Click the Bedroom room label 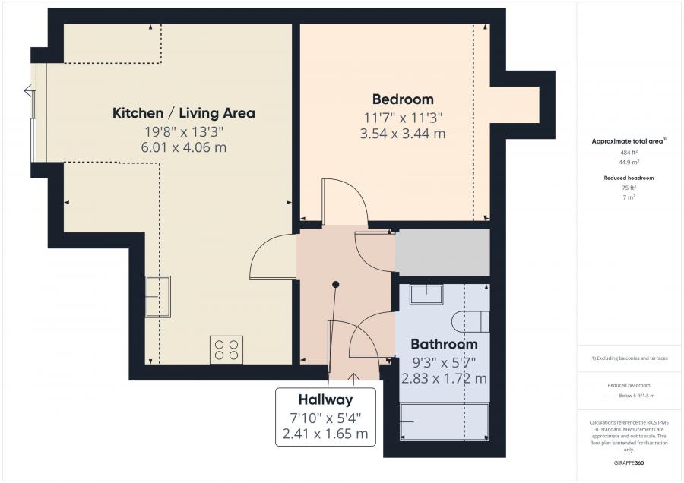(x=403, y=99)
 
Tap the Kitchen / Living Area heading (x=184, y=113)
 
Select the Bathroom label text (x=444, y=344)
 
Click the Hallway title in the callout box (x=325, y=399)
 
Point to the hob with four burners (x=226, y=349)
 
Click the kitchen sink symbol (x=157, y=296)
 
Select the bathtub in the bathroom (x=445, y=422)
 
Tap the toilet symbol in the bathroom (x=470, y=322)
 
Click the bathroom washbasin (x=426, y=295)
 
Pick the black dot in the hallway (x=335, y=285)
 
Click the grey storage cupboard (x=442, y=252)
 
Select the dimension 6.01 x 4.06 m (x=184, y=147)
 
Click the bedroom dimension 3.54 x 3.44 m (x=403, y=134)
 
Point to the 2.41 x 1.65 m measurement (x=325, y=434)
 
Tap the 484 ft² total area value (x=629, y=153)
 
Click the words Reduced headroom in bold (x=629, y=178)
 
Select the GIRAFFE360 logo (x=629, y=463)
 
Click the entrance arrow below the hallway (x=353, y=379)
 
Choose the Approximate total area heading (x=629, y=141)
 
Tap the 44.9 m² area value (x=629, y=163)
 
